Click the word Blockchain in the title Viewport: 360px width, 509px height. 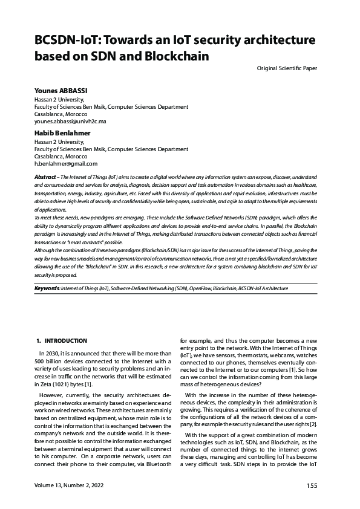[x=175, y=57]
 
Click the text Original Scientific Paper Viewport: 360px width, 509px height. [x=287, y=68]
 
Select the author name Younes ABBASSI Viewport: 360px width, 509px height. [x=61, y=91]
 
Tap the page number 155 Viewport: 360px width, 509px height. [x=312, y=486]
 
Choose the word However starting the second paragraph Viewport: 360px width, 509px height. [x=52, y=393]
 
